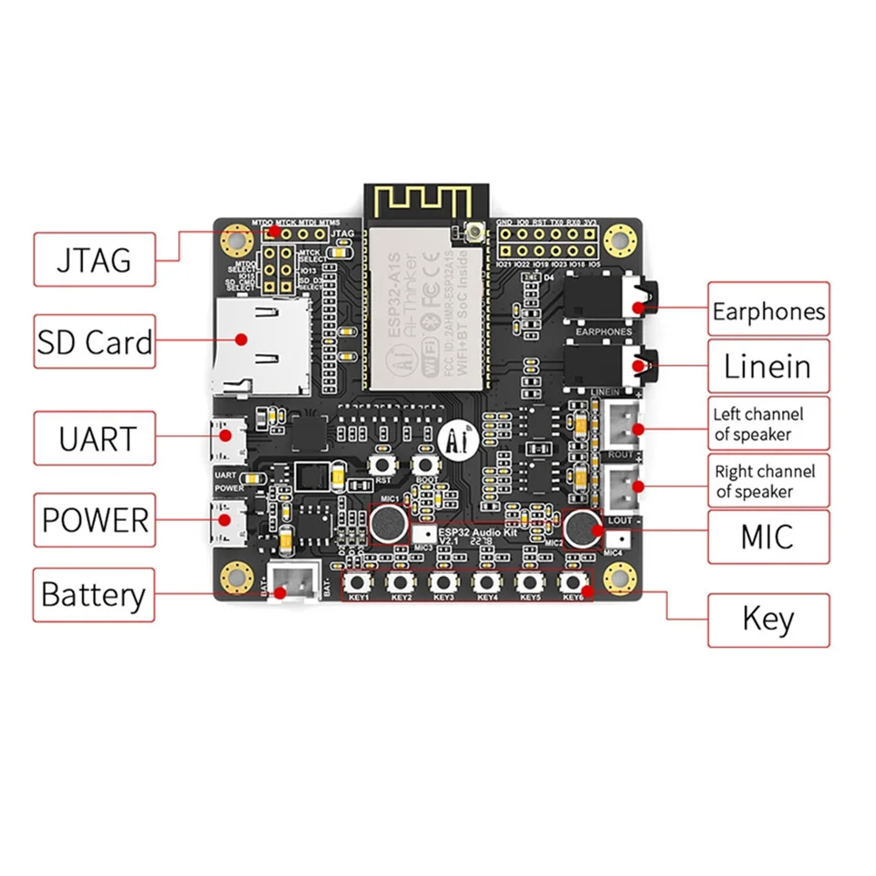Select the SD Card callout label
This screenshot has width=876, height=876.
coord(94,342)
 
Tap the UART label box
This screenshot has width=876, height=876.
coord(94,439)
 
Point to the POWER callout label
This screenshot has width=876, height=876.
coord(94,520)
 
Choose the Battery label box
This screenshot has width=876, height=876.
coord(93,595)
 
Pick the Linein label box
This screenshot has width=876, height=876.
coord(768,367)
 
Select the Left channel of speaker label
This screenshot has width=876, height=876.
coord(768,424)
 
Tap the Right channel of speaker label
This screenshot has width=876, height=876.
coord(768,481)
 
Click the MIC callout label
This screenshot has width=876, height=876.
coord(768,537)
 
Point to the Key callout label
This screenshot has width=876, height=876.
coord(768,620)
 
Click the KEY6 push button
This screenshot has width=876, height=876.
coord(572,582)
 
